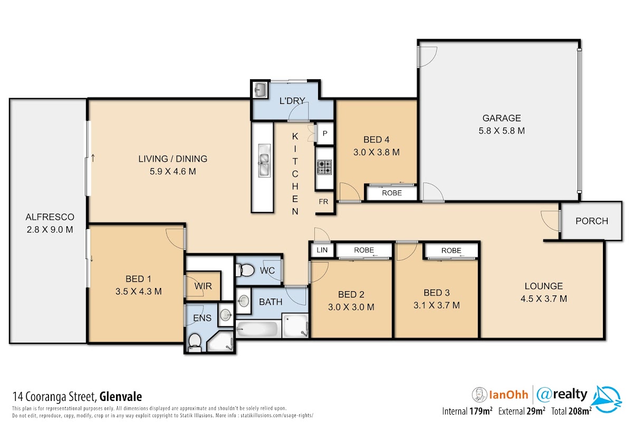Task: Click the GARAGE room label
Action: click(x=502, y=118)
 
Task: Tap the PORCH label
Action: click(x=592, y=220)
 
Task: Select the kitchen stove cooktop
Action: click(x=324, y=167)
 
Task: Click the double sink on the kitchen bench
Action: click(x=264, y=160)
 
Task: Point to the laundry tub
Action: click(x=260, y=90)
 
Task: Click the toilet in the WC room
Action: click(x=245, y=270)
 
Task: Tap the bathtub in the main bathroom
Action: click(x=256, y=329)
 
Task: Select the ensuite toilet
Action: click(x=195, y=342)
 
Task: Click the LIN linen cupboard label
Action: click(x=322, y=250)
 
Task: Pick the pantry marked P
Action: click(x=325, y=133)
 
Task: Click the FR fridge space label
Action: click(x=323, y=202)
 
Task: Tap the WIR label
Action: click(x=203, y=286)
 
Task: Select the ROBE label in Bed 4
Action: click(x=391, y=193)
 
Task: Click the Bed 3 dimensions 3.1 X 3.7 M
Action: click(x=437, y=305)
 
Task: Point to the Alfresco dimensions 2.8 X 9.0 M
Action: click(x=50, y=229)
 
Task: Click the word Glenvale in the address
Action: click(x=121, y=397)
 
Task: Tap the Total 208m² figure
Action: click(x=571, y=411)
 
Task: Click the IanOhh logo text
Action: click(x=509, y=395)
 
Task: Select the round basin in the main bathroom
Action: click(x=243, y=301)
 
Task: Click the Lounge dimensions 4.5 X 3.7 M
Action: click(x=544, y=299)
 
